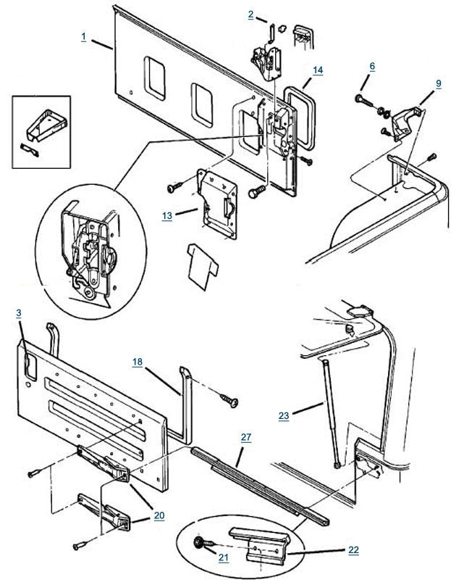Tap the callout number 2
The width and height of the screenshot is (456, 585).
250,14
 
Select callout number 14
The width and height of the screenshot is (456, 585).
317,70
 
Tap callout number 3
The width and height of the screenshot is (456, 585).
19,312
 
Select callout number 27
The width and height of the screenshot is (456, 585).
246,436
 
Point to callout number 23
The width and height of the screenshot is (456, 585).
284,416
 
